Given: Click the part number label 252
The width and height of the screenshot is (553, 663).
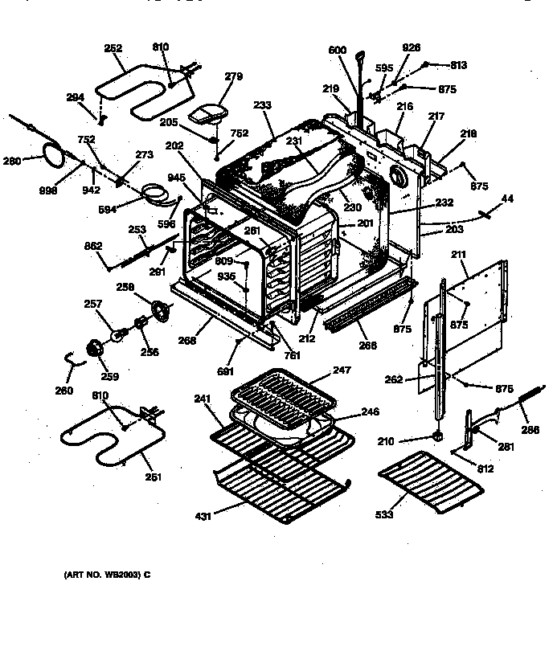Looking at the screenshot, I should [113, 48].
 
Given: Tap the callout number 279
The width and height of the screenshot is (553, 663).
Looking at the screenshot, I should [233, 77].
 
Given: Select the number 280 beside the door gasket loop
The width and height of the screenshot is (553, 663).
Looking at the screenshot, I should [11, 161].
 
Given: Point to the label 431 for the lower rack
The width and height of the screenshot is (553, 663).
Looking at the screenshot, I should [203, 516].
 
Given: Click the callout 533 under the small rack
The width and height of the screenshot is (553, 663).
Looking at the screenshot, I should [384, 514].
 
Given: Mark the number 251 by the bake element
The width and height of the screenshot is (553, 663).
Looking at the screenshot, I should [153, 477].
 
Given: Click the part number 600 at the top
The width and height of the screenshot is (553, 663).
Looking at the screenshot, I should [337, 51].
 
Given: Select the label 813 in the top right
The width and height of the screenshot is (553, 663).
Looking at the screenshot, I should [458, 65].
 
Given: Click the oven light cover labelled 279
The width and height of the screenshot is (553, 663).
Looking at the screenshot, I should [208, 114].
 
